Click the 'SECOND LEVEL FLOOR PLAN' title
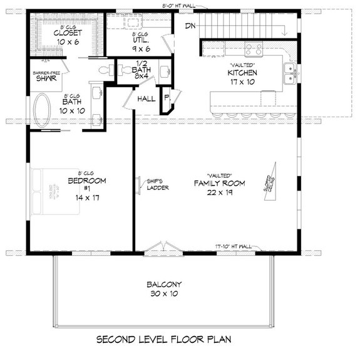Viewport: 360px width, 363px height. click(164, 340)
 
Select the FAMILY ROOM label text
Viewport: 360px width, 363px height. click(219, 183)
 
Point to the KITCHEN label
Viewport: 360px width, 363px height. click(242, 72)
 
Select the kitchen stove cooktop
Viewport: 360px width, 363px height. click(253, 48)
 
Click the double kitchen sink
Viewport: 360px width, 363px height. click(289, 73)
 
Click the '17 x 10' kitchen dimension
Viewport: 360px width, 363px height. click(242, 82)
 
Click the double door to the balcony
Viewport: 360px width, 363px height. click(163, 248)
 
